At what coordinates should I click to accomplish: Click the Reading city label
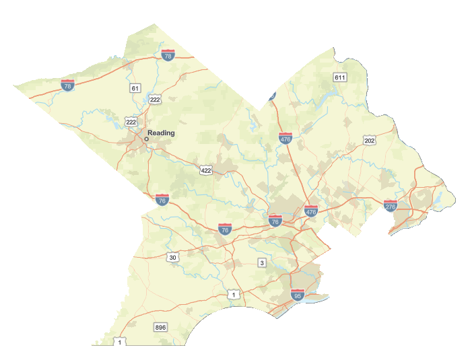click(161, 133)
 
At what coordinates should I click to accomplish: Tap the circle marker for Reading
click(146, 139)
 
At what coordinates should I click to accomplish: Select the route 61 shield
click(135, 88)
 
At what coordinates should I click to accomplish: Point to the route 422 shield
click(206, 170)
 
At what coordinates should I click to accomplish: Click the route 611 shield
click(339, 77)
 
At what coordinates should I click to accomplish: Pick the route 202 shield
click(369, 140)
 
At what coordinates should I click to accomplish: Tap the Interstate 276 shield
click(391, 205)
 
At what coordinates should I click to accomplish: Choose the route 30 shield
click(173, 258)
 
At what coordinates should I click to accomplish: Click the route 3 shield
click(262, 262)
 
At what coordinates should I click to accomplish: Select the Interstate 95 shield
click(298, 295)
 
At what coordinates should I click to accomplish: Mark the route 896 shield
click(160, 327)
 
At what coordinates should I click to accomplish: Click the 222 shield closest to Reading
click(131, 122)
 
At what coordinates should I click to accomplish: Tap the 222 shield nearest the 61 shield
click(156, 100)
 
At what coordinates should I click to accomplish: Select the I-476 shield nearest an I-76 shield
click(310, 211)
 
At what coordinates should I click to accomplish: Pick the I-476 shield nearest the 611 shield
click(286, 139)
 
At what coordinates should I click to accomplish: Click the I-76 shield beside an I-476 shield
click(275, 221)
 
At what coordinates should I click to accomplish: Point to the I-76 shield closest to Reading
click(162, 200)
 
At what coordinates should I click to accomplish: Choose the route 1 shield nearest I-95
click(233, 295)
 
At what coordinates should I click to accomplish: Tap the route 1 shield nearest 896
click(120, 342)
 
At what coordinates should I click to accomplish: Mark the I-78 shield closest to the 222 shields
click(168, 56)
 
